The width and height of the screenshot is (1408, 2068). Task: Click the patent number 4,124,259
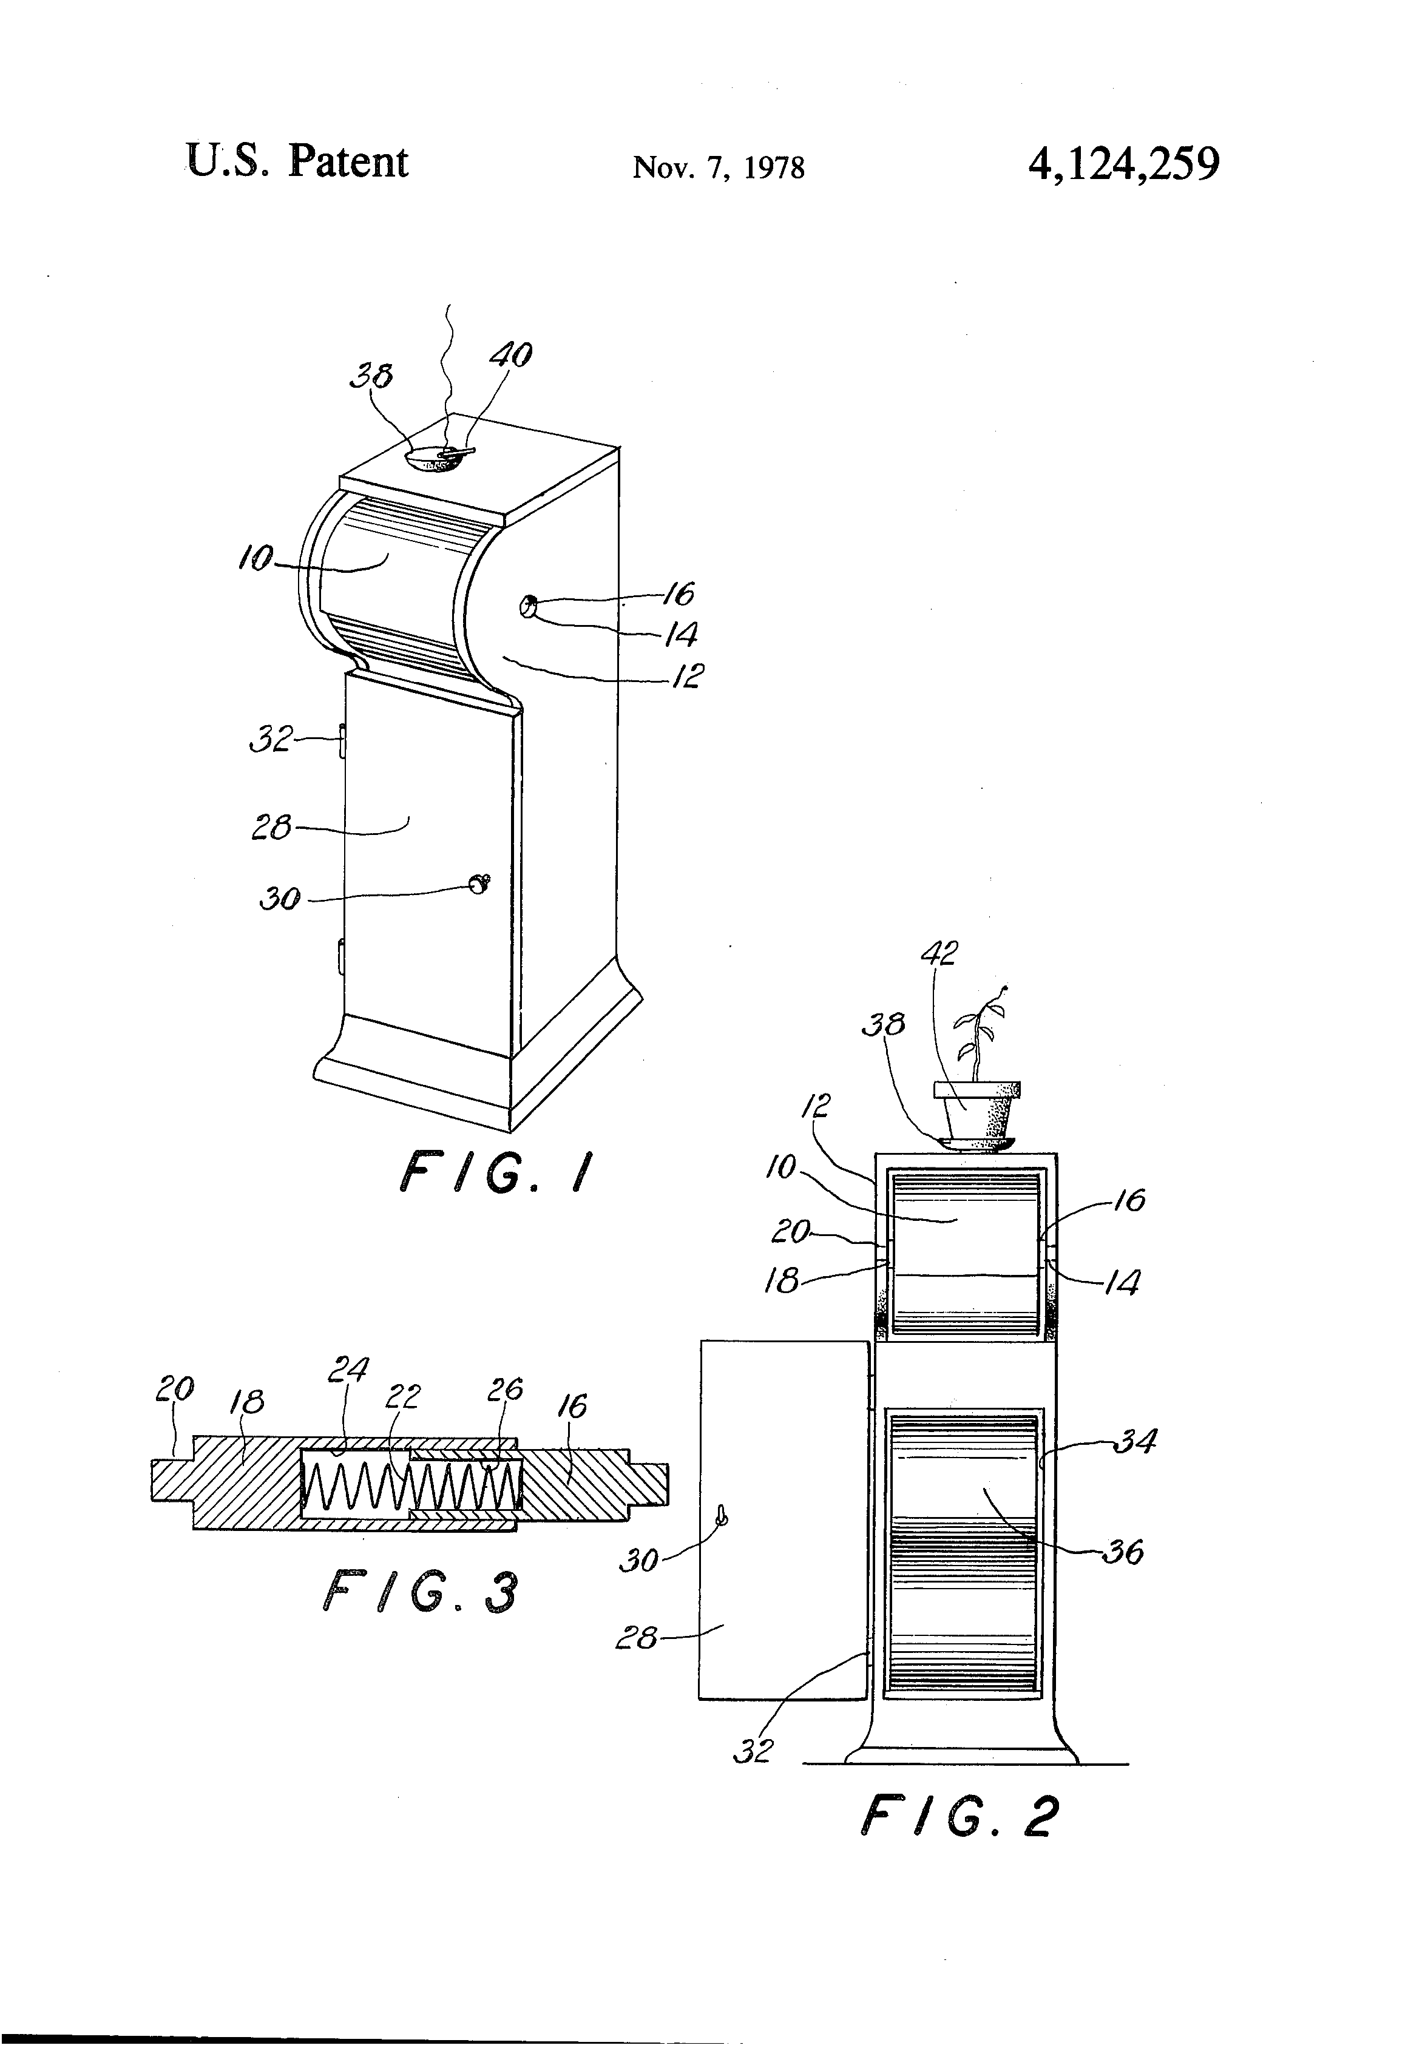pos(1123,164)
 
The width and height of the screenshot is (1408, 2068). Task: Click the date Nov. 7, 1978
pos(717,167)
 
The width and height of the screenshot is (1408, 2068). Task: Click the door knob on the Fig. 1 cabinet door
pos(479,884)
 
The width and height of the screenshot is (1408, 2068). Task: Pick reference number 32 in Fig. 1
pos(271,738)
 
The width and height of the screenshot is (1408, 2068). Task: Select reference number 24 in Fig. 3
pos(347,1368)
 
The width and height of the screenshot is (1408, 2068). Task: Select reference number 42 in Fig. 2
pos(938,954)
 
